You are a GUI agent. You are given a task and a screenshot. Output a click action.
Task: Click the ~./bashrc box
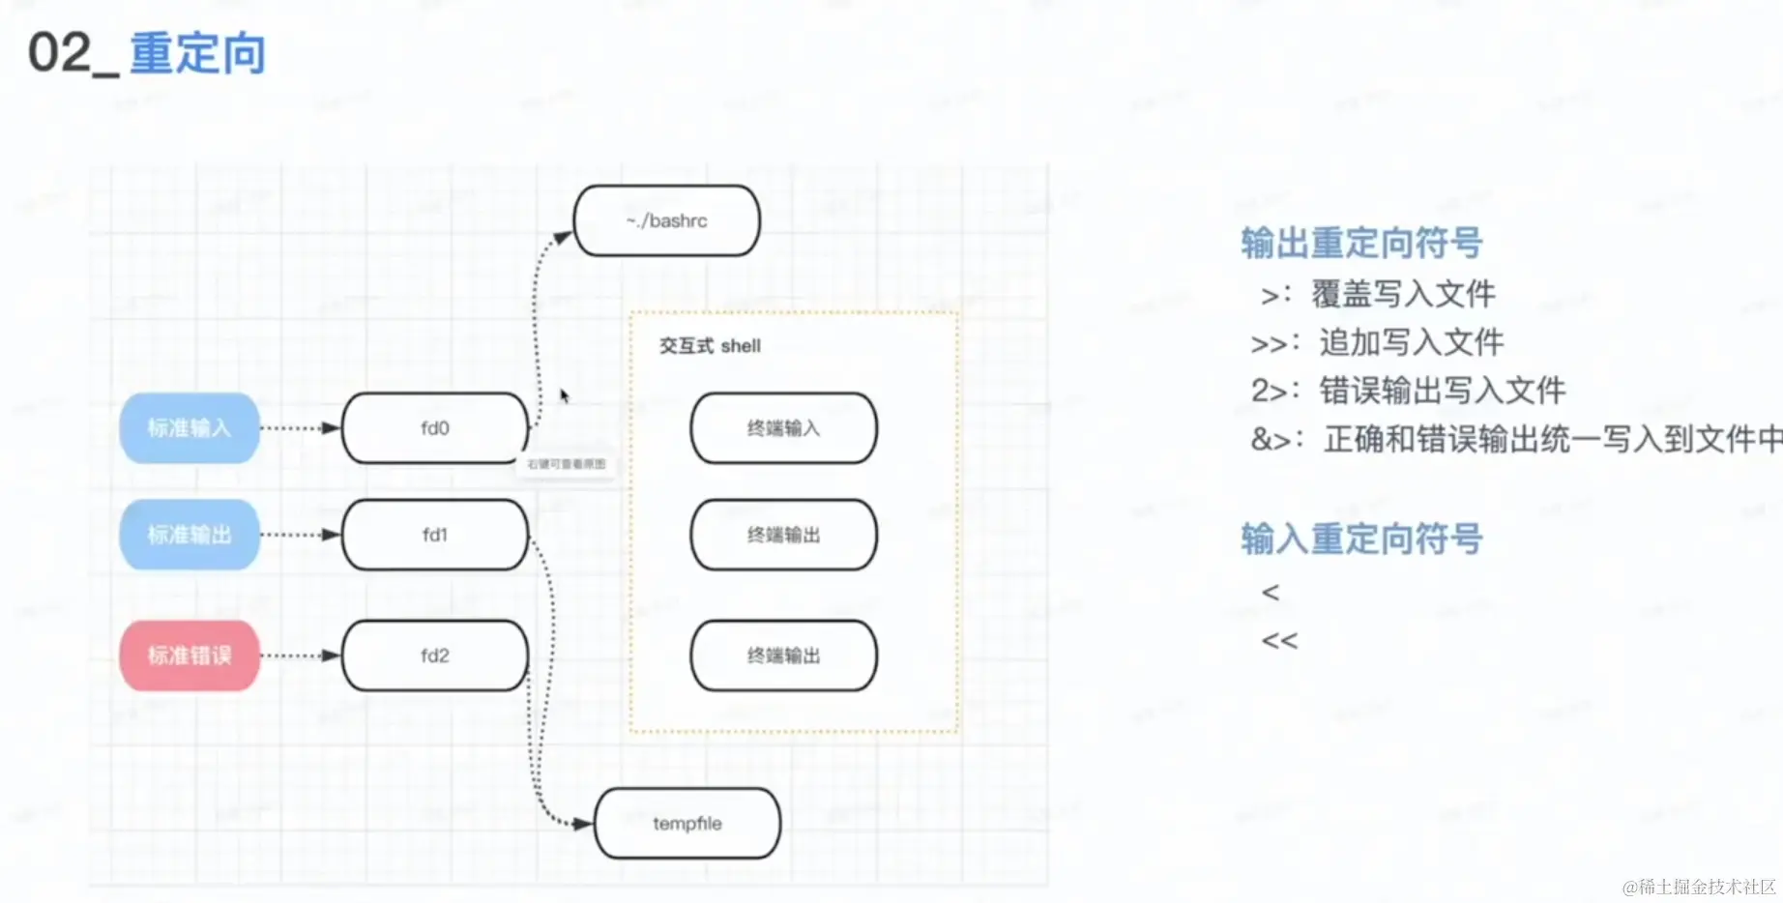666,220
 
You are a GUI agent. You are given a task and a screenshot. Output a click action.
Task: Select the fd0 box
434,427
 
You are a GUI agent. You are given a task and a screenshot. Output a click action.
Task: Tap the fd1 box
434,535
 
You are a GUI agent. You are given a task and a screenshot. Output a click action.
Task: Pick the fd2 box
434,655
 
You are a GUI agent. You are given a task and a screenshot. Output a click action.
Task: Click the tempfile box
687,824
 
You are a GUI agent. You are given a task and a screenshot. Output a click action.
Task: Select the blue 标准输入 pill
190,427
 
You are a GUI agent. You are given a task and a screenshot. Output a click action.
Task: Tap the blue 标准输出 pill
190,535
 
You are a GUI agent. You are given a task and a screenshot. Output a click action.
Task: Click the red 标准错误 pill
190,655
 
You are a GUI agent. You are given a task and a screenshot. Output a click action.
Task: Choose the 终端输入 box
783,427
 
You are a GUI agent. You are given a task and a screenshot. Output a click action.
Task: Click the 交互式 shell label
710,346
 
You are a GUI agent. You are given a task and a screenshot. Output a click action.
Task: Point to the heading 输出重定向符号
1361,243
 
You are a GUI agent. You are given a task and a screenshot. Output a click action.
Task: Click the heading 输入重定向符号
1361,539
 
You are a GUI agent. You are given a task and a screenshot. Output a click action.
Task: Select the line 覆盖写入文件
1403,294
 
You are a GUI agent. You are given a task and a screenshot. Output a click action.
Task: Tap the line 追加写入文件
1412,342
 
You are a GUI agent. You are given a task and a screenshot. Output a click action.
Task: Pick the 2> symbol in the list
1269,391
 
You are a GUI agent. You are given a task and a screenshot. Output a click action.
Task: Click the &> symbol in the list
1272,440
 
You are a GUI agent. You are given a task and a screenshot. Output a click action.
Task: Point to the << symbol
1279,640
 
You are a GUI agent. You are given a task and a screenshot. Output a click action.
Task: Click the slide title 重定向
197,53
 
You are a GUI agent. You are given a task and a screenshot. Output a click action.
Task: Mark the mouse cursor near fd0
565,395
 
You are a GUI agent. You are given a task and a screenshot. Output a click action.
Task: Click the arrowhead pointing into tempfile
582,824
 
